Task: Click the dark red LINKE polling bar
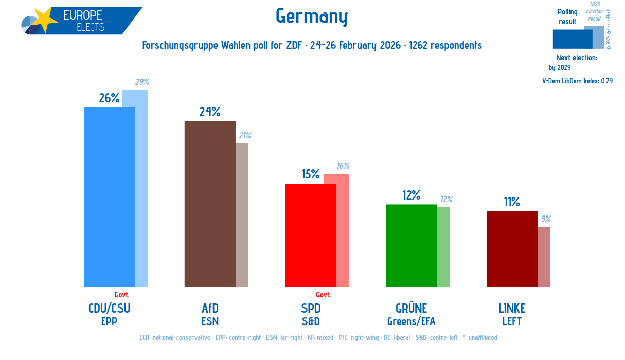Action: click(512, 249)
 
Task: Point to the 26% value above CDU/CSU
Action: click(109, 98)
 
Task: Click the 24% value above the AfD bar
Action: click(210, 112)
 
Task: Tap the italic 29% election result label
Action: click(142, 82)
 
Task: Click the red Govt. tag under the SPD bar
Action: click(323, 295)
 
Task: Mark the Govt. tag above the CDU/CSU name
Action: click(122, 295)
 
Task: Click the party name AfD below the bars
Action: click(210, 309)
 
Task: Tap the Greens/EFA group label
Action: click(411, 322)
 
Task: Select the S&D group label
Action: click(310, 322)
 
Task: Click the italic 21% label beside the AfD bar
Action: click(244, 136)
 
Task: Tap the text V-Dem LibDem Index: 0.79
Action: click(577, 81)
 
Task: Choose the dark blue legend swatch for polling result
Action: click(572, 39)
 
